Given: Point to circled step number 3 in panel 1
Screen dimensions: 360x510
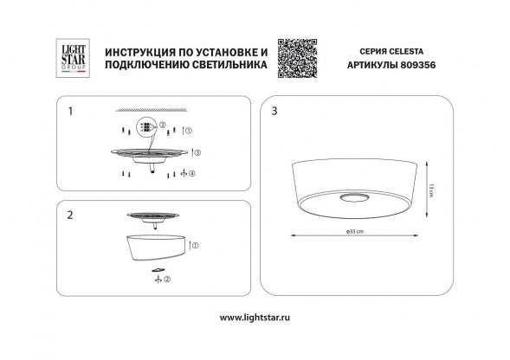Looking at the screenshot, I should [x=198, y=152].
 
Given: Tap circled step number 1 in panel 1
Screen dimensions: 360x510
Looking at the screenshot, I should [x=191, y=130].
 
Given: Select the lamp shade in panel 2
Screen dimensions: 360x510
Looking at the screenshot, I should [x=156, y=247].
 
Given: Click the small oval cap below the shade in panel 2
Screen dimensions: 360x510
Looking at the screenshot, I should [x=156, y=270].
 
